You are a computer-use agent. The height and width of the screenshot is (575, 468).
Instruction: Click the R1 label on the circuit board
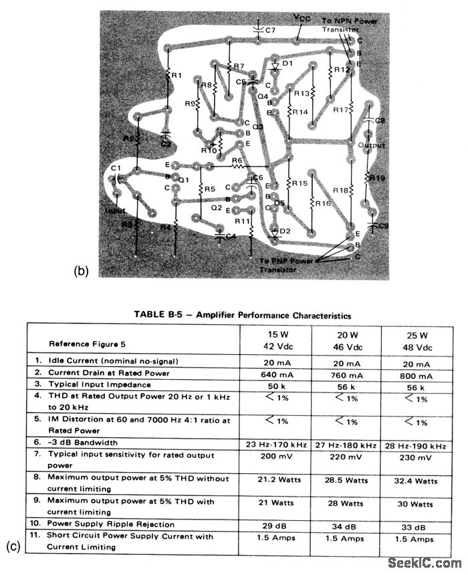(176, 76)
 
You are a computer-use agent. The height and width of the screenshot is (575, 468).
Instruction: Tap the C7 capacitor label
(268, 30)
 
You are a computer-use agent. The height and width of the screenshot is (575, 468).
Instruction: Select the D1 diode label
(288, 64)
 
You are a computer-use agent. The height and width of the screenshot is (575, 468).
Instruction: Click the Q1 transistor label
(183, 179)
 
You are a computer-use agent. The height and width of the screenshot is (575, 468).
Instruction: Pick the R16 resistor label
(323, 203)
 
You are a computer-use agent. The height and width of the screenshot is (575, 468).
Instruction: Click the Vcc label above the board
(302, 18)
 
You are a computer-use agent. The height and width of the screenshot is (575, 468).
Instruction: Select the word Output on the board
(371, 145)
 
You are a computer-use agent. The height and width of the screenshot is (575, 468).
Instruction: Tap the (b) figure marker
(81, 271)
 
